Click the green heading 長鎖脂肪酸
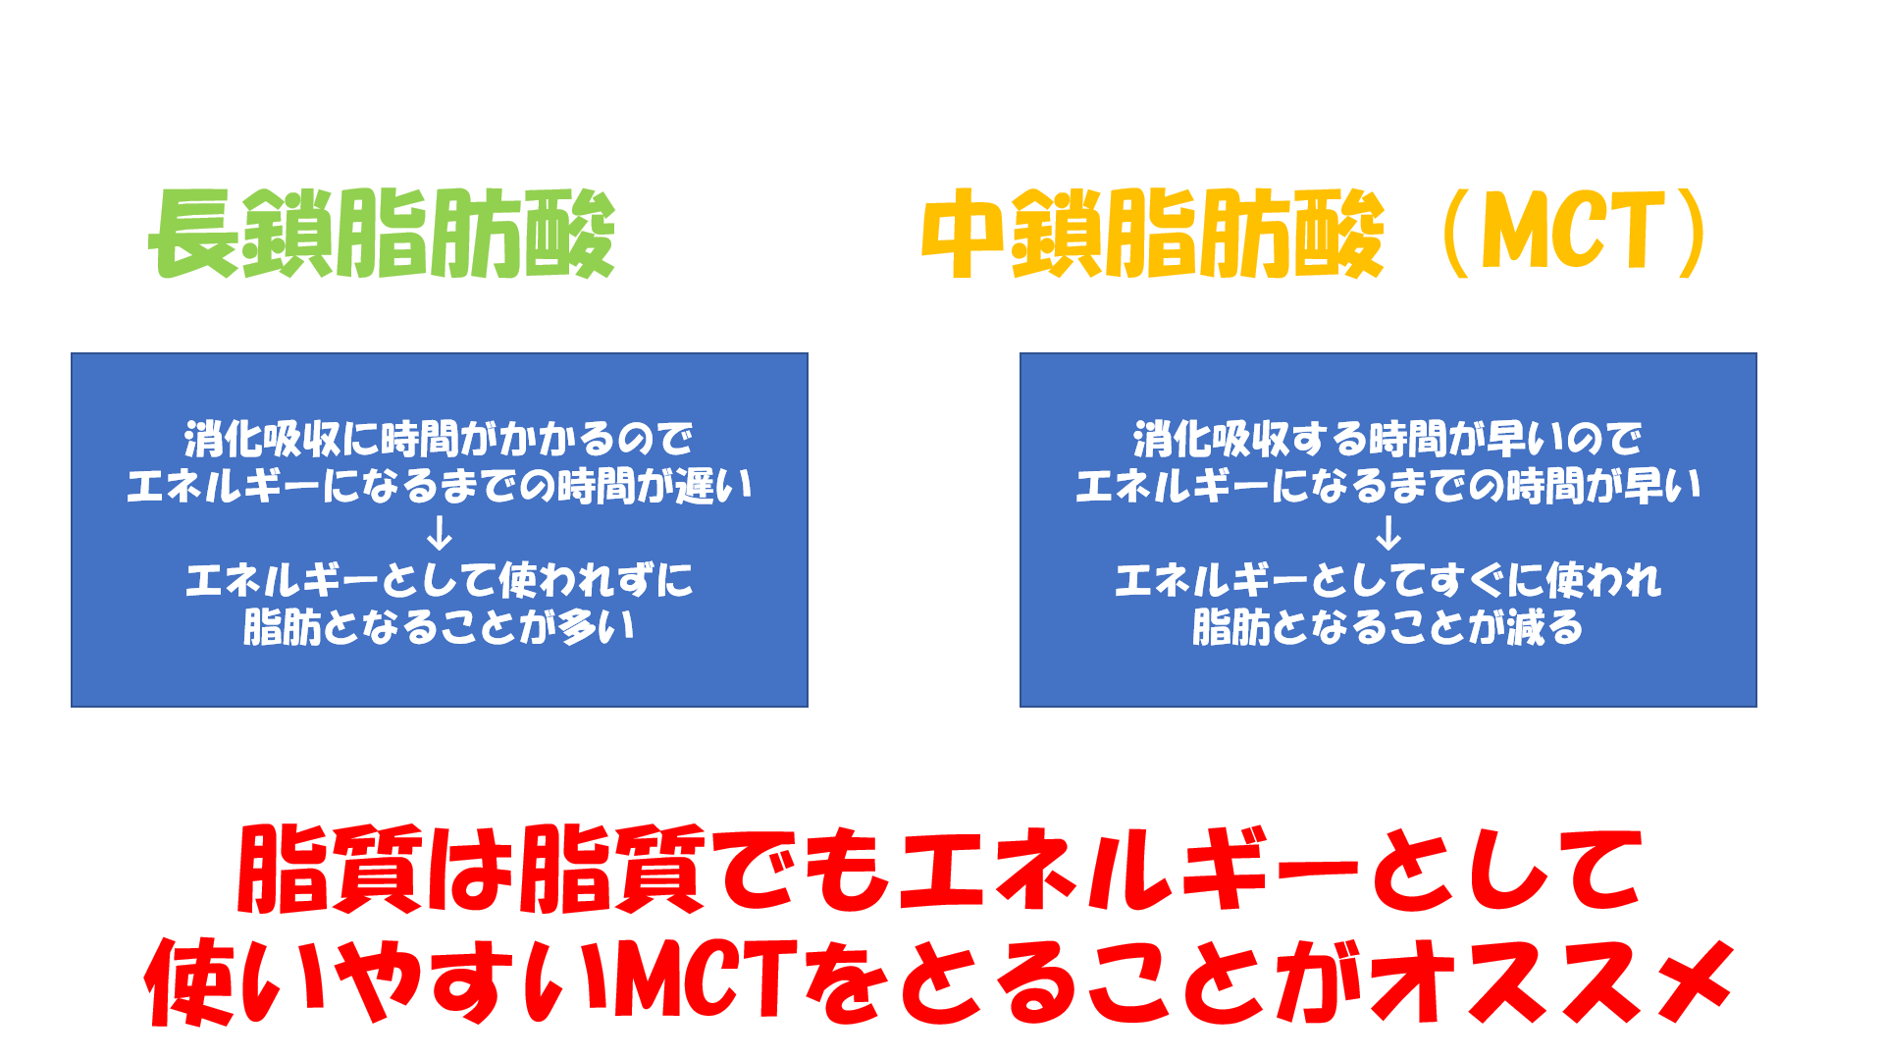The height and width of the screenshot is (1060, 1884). coord(382,234)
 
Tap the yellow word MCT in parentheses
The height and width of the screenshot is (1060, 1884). coord(1573,232)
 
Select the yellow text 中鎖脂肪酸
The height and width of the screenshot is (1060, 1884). coord(1153,234)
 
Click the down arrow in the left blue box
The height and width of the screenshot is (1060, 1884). coord(440,533)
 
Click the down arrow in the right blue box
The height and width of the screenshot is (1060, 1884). coord(1388,533)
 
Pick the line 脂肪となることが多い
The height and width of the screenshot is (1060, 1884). coord(440,627)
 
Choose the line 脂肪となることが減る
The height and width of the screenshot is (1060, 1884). coord(1388,627)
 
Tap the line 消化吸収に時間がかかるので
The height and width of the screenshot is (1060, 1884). coord(440,439)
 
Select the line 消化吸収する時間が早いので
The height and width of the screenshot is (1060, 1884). coord(1388,439)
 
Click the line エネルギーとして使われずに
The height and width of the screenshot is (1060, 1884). coord(440,580)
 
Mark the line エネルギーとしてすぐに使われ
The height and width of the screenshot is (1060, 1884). coord(1388,580)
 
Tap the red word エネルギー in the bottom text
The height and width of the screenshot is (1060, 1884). coord(1128,868)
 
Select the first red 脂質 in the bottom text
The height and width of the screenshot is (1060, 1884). coord(331,868)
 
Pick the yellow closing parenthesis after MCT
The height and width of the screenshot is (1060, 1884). coord(1692,234)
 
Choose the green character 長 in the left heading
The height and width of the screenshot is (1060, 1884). coord(194,234)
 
